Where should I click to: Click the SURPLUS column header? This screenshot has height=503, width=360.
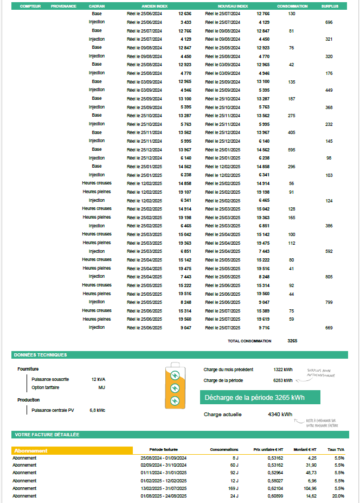click(x=330, y=6)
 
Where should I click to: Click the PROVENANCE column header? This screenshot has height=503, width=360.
click(x=63, y=6)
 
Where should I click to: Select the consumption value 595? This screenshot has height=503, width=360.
click(x=292, y=149)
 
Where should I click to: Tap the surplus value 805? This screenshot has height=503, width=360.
click(x=329, y=277)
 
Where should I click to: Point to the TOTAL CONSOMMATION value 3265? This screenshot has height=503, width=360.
click(x=292, y=341)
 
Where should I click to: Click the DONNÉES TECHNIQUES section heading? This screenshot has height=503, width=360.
click(x=41, y=355)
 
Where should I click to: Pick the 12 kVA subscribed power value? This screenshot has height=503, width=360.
click(x=98, y=379)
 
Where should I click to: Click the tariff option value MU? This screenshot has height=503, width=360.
click(x=101, y=387)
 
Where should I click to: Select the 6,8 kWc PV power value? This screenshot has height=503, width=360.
click(x=97, y=410)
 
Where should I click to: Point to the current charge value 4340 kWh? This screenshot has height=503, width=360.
click(x=280, y=415)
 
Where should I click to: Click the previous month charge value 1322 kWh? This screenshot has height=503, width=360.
click(x=283, y=370)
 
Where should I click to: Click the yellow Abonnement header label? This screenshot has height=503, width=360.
click(x=31, y=450)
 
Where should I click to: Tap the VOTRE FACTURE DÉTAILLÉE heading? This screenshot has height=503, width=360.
click(x=47, y=435)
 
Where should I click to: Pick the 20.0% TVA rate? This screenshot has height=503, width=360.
click(x=339, y=496)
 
